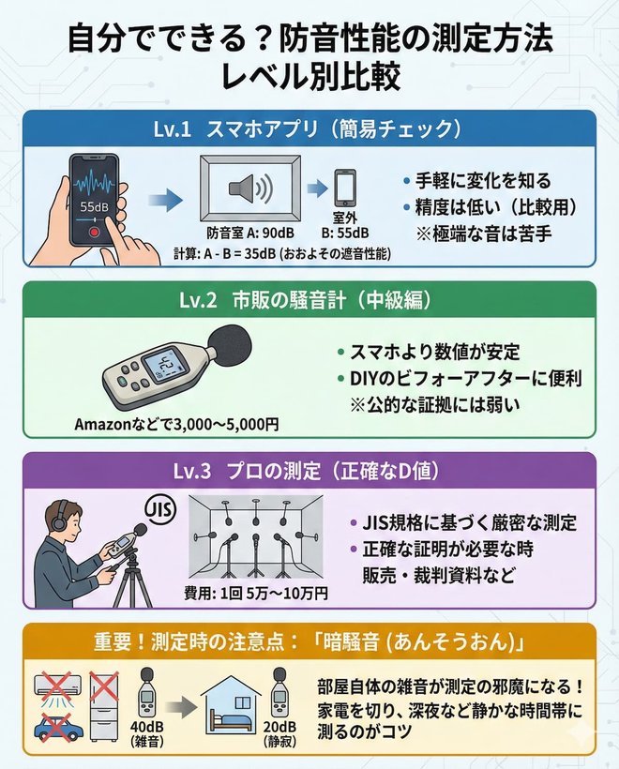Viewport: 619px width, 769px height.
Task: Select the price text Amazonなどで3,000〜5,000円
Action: tap(176, 424)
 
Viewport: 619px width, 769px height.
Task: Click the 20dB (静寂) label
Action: tap(280, 730)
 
